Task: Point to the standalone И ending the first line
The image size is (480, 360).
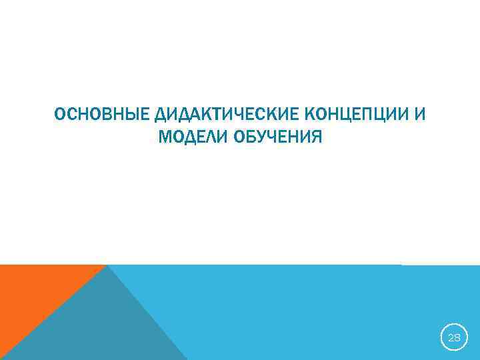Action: click(419, 114)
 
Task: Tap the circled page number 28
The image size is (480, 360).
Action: click(454, 337)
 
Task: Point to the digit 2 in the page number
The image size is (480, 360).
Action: click(451, 337)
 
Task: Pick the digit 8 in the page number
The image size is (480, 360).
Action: click(457, 337)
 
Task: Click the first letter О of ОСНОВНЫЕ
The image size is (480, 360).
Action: click(59, 114)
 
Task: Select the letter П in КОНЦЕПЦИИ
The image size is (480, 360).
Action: click(373, 114)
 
